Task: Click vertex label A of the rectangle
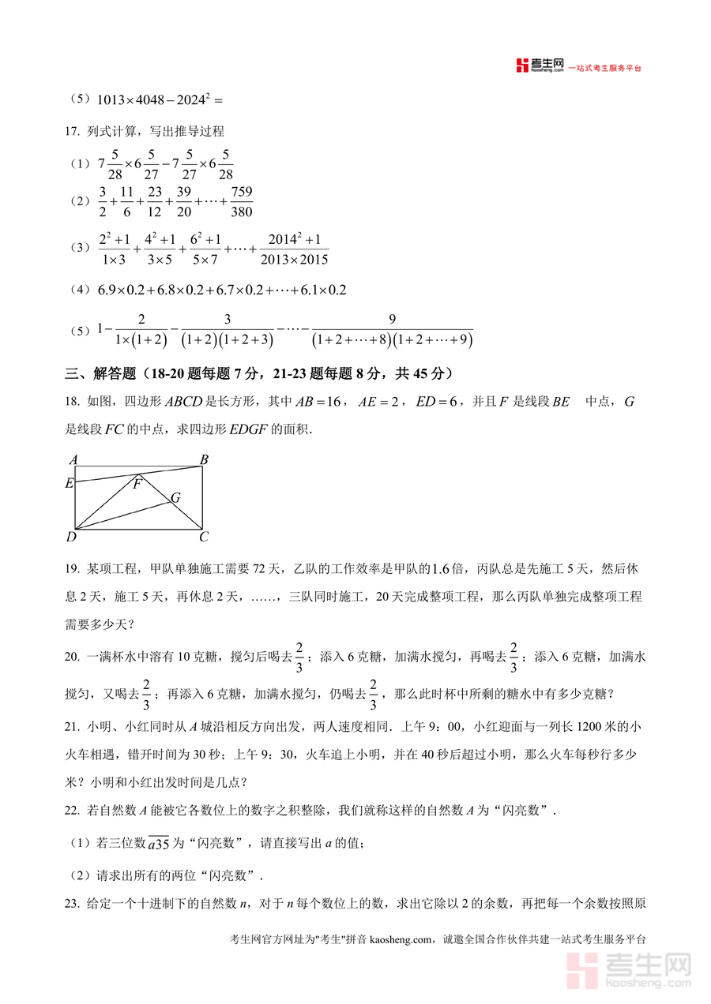click(x=73, y=459)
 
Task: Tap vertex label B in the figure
click(x=204, y=459)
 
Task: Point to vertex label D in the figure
click(x=71, y=538)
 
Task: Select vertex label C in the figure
click(x=204, y=538)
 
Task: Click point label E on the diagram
click(x=69, y=483)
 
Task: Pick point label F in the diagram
click(x=137, y=484)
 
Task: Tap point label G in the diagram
click(x=175, y=497)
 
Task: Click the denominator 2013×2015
click(x=293, y=259)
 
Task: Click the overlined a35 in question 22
click(x=159, y=845)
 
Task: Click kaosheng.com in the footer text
click(x=401, y=939)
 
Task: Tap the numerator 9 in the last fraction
click(x=392, y=319)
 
